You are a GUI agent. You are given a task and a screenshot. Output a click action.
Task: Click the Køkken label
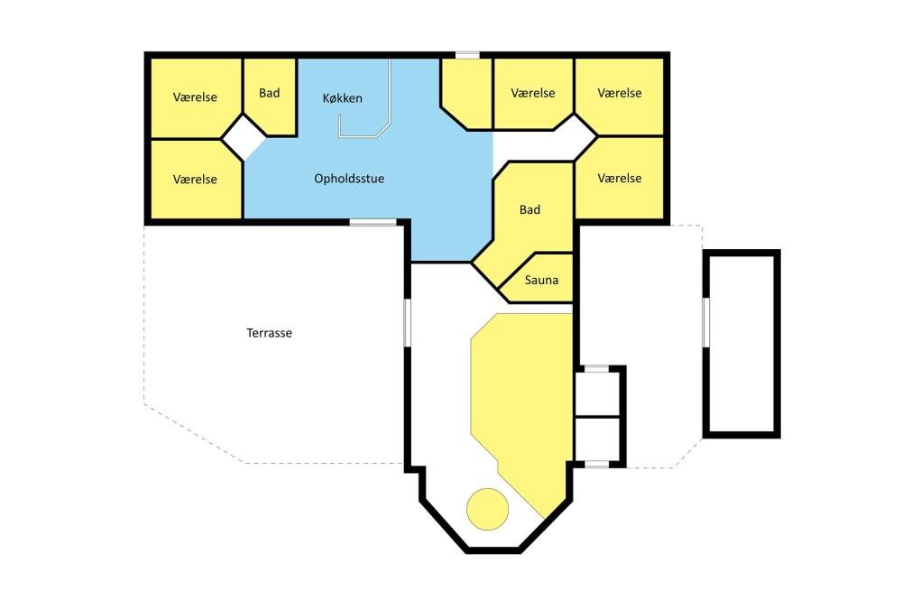(342, 98)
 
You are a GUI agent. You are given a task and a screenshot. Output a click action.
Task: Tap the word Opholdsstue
(349, 179)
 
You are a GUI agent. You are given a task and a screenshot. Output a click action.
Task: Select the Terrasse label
(269, 333)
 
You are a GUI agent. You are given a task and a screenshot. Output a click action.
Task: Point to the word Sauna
(541, 280)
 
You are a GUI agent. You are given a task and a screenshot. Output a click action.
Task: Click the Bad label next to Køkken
(269, 93)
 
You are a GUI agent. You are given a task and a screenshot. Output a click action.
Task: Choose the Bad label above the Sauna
(529, 209)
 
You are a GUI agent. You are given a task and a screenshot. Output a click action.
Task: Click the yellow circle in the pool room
(487, 510)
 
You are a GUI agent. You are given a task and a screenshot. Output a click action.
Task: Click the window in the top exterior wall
(467, 55)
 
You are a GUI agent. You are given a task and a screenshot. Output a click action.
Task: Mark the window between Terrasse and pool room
(408, 322)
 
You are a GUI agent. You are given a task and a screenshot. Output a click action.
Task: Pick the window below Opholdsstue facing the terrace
(373, 222)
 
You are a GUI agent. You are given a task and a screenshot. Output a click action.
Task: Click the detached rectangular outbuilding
(741, 344)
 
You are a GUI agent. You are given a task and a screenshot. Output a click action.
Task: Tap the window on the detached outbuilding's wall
(706, 322)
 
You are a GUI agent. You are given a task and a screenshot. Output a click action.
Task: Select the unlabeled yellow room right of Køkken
(466, 93)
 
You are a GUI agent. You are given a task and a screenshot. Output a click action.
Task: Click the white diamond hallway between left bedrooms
(244, 137)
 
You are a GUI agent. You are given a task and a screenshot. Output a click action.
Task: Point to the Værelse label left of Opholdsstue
(195, 179)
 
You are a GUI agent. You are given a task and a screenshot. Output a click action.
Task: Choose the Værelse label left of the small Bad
(195, 97)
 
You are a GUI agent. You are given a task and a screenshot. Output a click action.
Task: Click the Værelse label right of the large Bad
(620, 179)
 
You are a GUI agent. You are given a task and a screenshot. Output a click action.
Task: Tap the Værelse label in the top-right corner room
(620, 93)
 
